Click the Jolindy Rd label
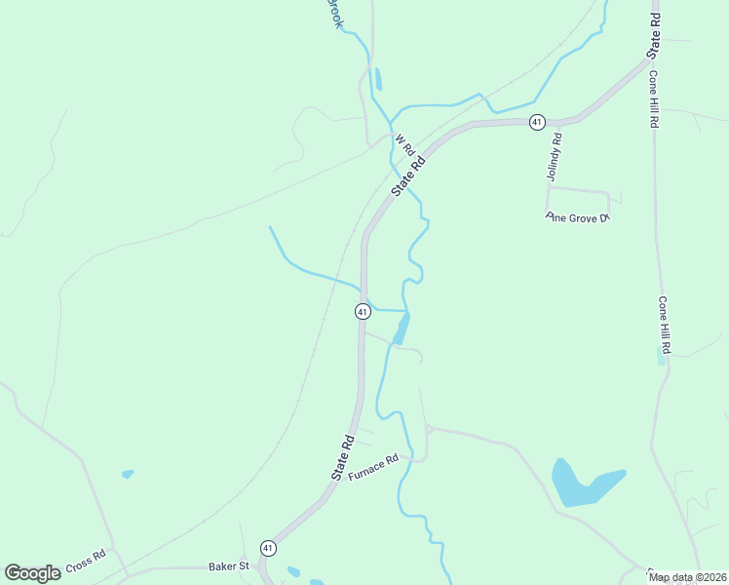(556, 158)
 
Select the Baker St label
(229, 565)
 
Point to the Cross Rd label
(85, 563)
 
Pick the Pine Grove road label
(577, 217)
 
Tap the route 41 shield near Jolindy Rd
(536, 121)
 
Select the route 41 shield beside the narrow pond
(362, 311)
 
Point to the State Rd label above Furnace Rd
(341, 456)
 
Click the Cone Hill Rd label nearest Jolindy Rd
(653, 101)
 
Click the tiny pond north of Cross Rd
(128, 474)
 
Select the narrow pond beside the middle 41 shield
(401, 330)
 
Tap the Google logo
(32, 573)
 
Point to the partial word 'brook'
(334, 12)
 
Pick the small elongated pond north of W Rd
(377, 79)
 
